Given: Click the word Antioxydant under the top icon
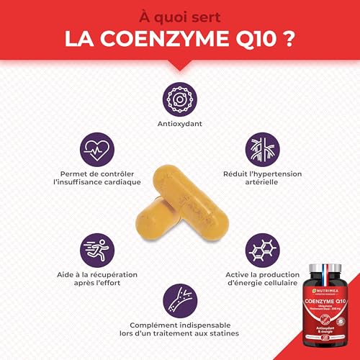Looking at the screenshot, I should pyautogui.click(x=179, y=123).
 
